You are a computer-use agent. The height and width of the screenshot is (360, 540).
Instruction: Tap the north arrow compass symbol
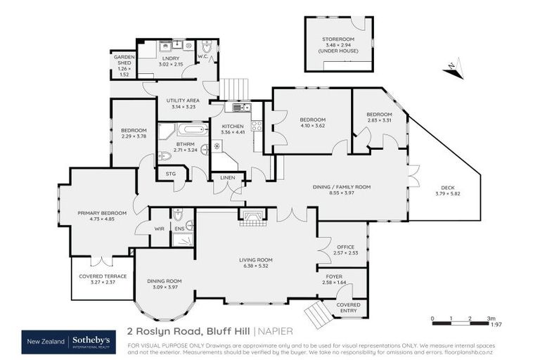pyautogui.click(x=454, y=68)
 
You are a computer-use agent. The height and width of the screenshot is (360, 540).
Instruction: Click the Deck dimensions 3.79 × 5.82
pyautogui.click(x=446, y=193)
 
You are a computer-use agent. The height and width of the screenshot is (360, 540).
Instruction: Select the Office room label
pyautogui.click(x=345, y=246)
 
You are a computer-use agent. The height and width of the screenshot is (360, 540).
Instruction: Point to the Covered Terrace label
pyautogui.click(x=103, y=276)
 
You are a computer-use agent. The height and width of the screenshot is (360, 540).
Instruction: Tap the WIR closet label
pyautogui.click(x=159, y=228)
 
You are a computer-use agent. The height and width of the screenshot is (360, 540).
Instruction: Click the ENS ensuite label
pyautogui.click(x=180, y=228)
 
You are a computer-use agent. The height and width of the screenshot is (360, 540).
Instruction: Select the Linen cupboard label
pyautogui.click(x=227, y=178)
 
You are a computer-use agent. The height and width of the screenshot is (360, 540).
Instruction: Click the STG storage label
pyautogui.click(x=170, y=173)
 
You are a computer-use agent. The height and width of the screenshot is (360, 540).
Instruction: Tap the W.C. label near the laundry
pyautogui.click(x=202, y=56)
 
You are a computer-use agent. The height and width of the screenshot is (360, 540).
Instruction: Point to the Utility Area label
pyautogui.click(x=182, y=101)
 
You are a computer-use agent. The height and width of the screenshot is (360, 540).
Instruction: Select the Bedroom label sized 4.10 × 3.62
pyautogui.click(x=312, y=120)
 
